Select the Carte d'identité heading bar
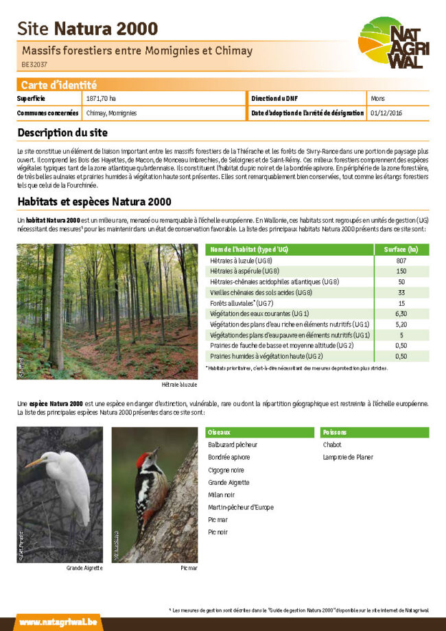(223, 85)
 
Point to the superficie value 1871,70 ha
(101, 99)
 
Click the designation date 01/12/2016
(386, 113)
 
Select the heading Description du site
(62, 132)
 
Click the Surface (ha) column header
(401, 249)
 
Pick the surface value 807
(401, 261)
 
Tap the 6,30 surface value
(401, 313)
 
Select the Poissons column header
(336, 433)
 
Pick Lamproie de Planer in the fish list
(348, 457)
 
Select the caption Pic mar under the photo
(189, 569)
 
